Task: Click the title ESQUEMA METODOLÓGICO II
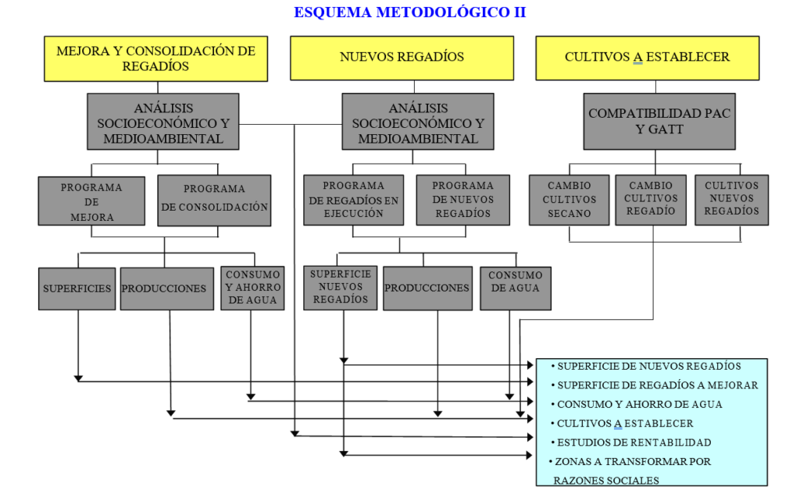pos(409,12)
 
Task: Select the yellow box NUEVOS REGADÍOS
pos(402,57)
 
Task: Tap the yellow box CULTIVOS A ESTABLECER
pos(647,57)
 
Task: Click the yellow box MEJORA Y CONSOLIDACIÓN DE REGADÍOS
pos(155,58)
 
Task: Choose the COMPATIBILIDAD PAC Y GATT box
pos(659,121)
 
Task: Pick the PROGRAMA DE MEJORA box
pos(91,201)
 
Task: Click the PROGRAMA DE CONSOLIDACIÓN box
pos(214,200)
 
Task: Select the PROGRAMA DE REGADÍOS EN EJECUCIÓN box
pos(353,199)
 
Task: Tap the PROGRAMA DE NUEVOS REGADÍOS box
pos(462,199)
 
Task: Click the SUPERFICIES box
pos(77,289)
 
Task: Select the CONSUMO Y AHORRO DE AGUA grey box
pos(252,288)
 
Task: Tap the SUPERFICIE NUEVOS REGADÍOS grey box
pos(340,287)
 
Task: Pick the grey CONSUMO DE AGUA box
pos(515,288)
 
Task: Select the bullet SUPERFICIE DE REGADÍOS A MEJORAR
pos(656,385)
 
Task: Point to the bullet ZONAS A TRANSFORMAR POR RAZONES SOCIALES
pos(631,470)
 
